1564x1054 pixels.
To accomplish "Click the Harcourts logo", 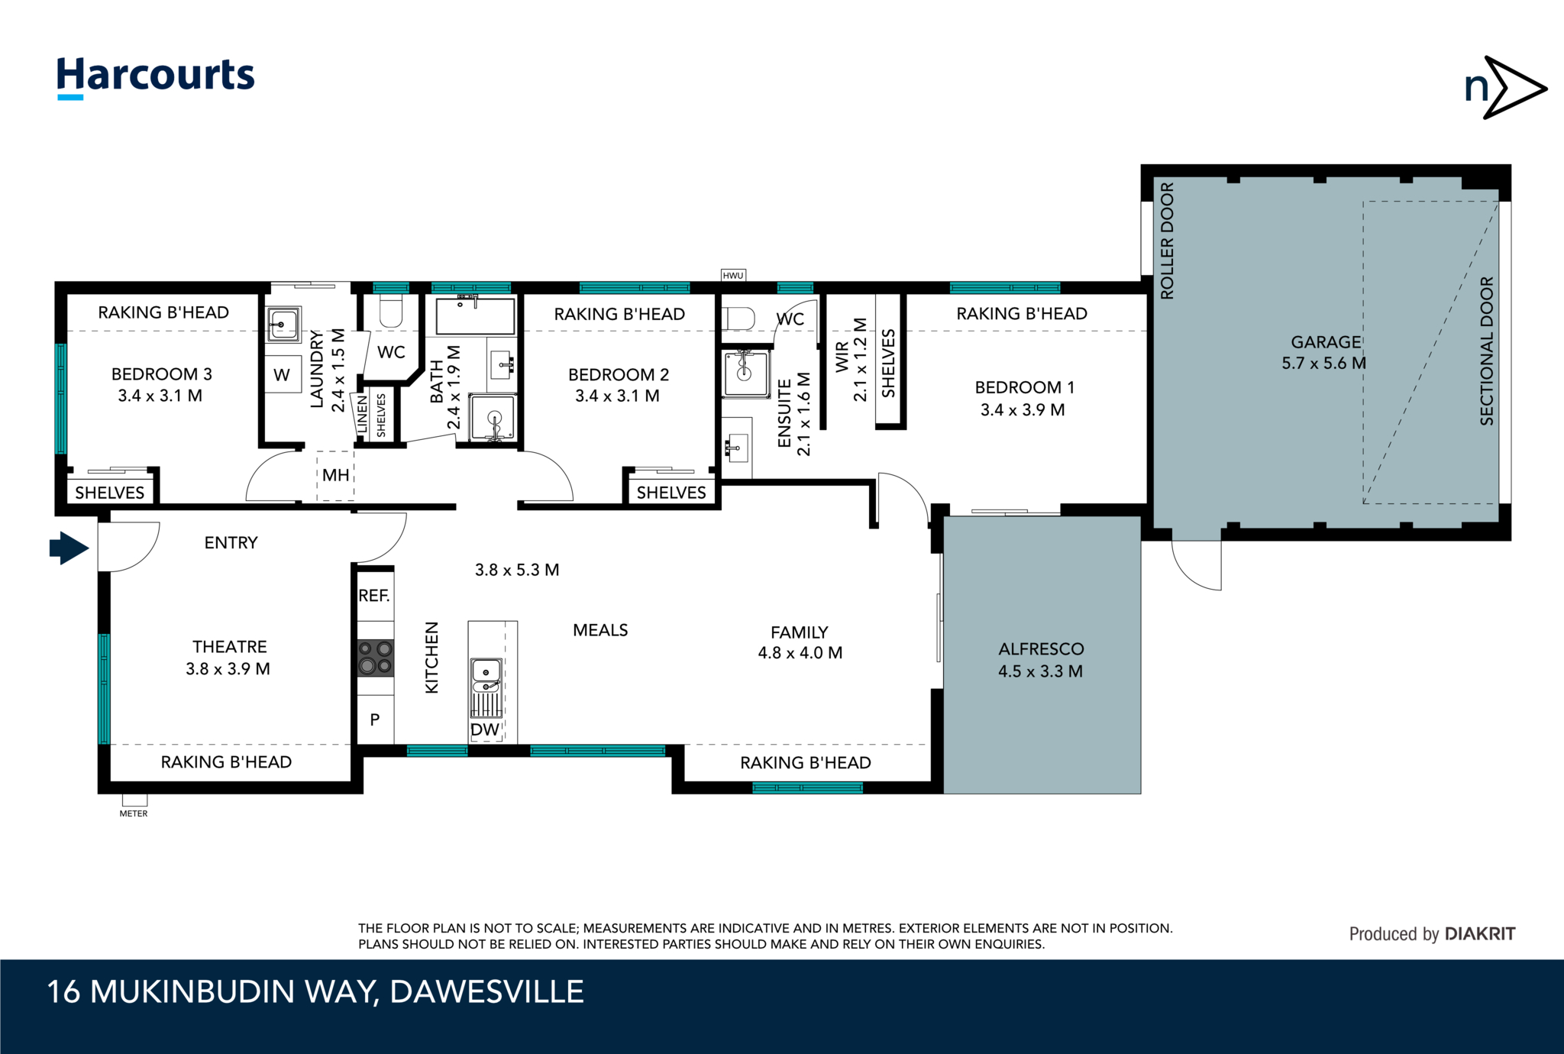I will [x=156, y=77].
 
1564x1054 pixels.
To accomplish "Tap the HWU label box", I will [x=733, y=275].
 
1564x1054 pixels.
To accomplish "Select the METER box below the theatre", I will [x=134, y=800].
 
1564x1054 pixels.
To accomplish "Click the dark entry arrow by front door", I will [x=69, y=548].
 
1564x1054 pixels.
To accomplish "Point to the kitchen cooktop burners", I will [x=376, y=658].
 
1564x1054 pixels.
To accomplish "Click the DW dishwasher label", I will [x=485, y=729].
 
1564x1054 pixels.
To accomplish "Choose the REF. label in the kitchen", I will [x=374, y=595].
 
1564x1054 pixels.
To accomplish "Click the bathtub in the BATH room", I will [x=475, y=315].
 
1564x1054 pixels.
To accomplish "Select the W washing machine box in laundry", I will [x=283, y=374].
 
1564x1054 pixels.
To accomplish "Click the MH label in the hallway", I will [x=335, y=475].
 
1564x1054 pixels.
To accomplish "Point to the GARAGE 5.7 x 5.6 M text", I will [x=1324, y=352].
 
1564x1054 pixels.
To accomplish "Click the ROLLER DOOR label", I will [x=1167, y=241].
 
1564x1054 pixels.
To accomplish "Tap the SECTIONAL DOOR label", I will [x=1486, y=351].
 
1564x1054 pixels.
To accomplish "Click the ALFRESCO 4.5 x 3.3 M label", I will [x=1041, y=660].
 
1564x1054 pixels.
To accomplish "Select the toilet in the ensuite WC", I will [x=738, y=318].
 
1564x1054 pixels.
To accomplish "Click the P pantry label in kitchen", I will [x=375, y=719].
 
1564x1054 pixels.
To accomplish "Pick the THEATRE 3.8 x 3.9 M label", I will [x=228, y=658].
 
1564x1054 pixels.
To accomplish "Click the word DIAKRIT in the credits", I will [x=1480, y=933].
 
